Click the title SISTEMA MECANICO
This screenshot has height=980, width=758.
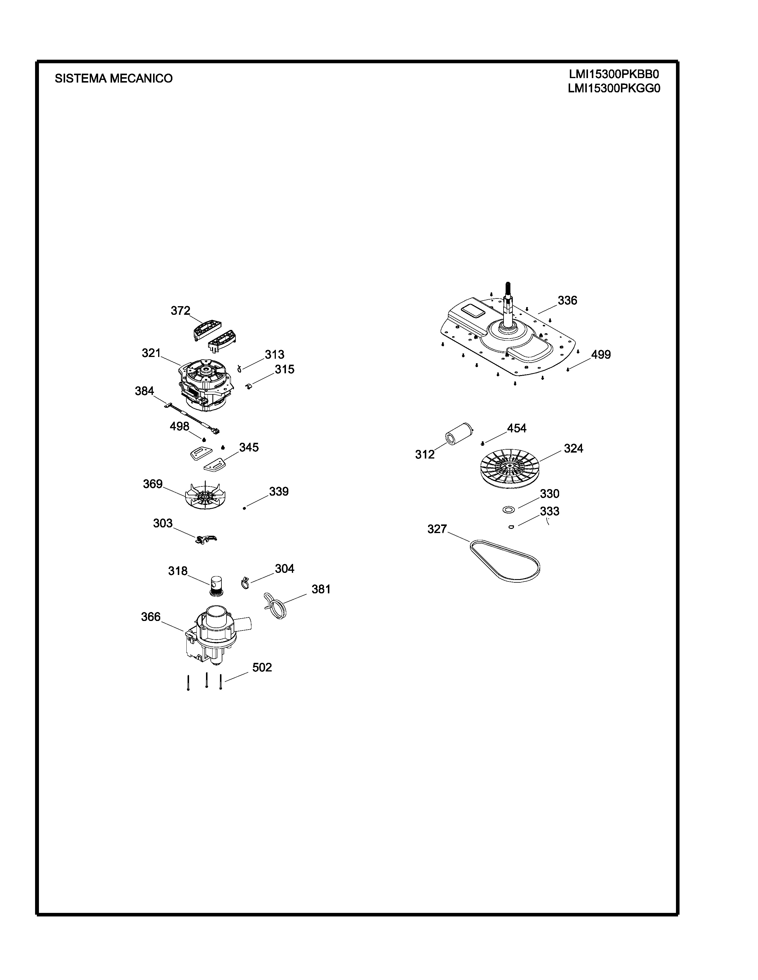[x=114, y=78]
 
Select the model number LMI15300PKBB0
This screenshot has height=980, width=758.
[x=614, y=74]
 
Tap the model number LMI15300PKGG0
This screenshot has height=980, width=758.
[x=614, y=88]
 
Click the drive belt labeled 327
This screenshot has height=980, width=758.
[x=505, y=560]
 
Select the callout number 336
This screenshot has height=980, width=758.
[x=567, y=301]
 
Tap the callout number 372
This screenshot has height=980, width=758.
[x=180, y=311]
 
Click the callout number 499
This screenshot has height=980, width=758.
[x=601, y=355]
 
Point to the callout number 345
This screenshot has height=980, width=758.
[x=249, y=447]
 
